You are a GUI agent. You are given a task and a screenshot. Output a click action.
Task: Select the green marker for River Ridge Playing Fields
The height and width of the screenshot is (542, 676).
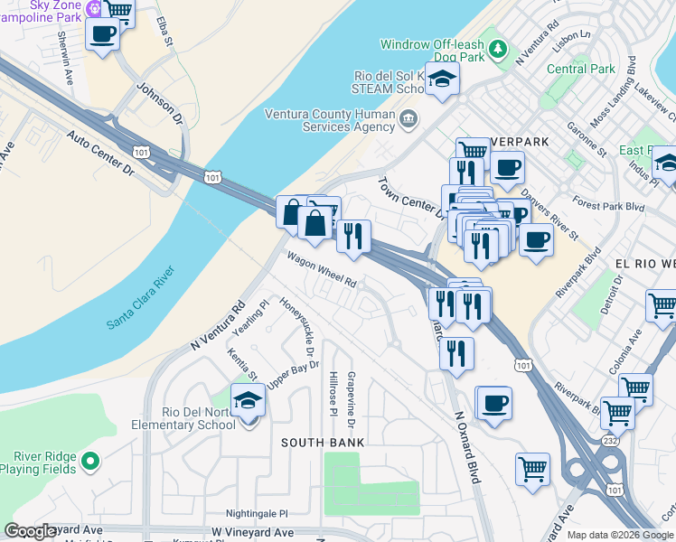89,463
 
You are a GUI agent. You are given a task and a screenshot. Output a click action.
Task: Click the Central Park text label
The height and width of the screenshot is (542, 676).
581,69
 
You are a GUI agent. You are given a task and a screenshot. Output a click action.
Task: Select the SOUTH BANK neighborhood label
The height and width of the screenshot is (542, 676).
323,443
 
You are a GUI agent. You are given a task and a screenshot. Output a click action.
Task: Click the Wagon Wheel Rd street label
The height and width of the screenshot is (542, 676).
322,270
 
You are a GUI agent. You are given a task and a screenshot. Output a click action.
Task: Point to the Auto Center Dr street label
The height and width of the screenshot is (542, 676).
99,153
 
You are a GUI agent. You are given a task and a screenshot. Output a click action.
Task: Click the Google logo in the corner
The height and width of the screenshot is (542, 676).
30,531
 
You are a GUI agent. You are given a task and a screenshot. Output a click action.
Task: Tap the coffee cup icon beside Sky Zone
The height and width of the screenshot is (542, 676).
102,35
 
